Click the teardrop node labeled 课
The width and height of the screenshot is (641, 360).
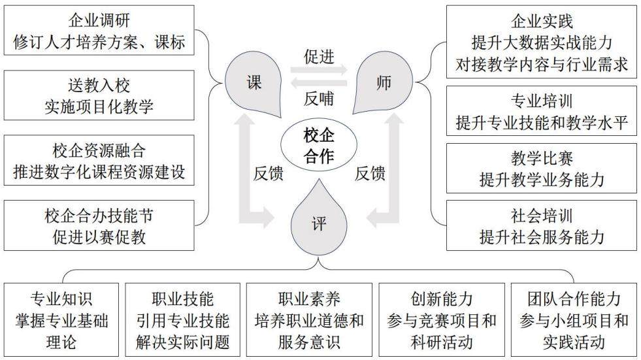[254, 84]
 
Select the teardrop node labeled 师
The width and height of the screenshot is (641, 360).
[383, 84]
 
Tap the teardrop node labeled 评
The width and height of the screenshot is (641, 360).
[319, 223]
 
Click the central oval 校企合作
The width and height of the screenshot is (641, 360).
[319, 146]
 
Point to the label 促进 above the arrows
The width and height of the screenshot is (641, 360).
[319, 56]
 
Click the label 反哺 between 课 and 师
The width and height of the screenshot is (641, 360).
[319, 99]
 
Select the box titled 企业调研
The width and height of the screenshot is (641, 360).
[99, 31]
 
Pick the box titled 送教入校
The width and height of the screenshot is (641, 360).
[99, 95]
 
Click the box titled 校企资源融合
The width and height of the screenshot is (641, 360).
[99, 161]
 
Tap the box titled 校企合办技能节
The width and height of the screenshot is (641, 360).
[99, 225]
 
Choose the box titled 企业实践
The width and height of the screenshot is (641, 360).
[542, 42]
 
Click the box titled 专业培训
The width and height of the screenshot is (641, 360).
[542, 110]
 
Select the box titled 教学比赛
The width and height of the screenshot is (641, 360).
[542, 168]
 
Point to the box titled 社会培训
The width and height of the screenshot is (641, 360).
[542, 225]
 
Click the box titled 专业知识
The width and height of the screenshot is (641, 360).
[61, 320]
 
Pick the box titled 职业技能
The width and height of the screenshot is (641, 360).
[183, 320]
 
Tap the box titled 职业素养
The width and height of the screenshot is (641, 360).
[309, 320]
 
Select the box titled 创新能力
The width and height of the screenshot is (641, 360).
[442, 320]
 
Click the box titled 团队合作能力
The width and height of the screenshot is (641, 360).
[574, 320]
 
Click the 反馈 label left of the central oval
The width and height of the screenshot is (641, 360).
[268, 173]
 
